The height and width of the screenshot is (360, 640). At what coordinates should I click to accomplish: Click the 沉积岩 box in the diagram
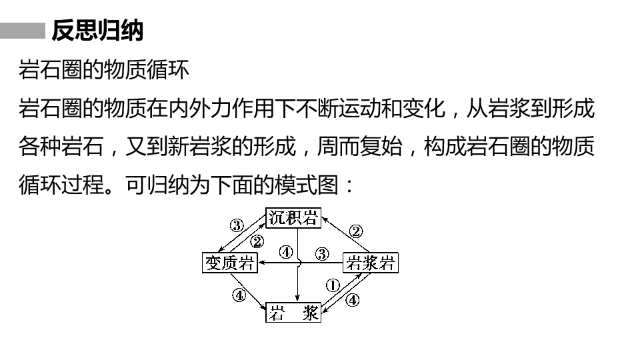click(x=293, y=218)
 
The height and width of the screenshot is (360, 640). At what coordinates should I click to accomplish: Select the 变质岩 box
click(x=230, y=263)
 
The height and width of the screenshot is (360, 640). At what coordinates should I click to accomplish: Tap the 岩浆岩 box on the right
click(x=370, y=263)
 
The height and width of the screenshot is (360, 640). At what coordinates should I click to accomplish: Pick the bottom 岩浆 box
click(x=293, y=313)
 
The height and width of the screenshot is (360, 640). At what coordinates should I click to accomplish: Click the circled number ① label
click(x=333, y=285)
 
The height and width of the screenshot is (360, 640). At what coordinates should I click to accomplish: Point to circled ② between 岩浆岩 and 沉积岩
click(x=356, y=231)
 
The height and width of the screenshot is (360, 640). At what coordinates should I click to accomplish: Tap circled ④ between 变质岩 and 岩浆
click(x=239, y=295)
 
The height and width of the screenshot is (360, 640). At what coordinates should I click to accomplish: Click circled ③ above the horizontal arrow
click(x=322, y=254)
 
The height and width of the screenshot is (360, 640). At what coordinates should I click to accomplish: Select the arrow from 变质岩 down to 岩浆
click(x=248, y=291)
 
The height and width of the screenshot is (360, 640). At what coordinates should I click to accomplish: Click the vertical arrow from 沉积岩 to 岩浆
click(x=297, y=265)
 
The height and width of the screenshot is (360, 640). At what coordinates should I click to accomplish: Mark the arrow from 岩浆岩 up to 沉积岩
click(x=345, y=235)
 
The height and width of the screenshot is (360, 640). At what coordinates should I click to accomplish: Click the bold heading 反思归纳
click(x=97, y=30)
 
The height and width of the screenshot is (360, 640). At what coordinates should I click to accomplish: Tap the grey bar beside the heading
click(x=23, y=31)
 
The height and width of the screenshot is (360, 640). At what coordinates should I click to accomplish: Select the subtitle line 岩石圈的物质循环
click(x=104, y=69)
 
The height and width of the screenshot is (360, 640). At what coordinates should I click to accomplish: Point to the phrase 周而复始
click(x=359, y=146)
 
